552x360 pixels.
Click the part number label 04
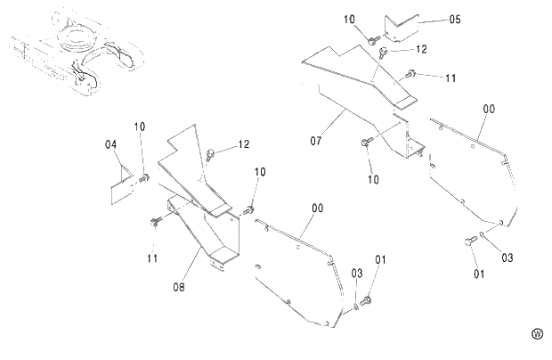(x=110, y=144)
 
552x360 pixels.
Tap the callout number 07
(x=316, y=141)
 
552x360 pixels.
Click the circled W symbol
(x=537, y=334)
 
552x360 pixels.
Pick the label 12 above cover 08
(x=243, y=143)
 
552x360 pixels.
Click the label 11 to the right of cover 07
(x=450, y=78)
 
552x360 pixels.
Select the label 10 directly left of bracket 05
(x=348, y=19)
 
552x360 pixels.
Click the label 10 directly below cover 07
(x=372, y=179)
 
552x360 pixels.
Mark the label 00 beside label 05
(x=489, y=109)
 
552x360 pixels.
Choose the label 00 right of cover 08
(x=317, y=208)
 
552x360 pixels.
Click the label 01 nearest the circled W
(x=479, y=274)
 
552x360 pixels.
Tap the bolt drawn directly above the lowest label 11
(x=157, y=220)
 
